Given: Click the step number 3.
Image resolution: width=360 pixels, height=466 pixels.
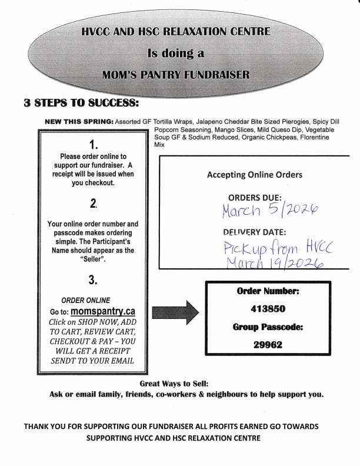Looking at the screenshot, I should [x=93, y=278].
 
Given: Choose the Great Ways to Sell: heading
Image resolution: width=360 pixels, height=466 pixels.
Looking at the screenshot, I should [x=179, y=383].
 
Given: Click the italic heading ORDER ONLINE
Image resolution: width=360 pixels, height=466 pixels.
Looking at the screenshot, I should [x=86, y=299].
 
